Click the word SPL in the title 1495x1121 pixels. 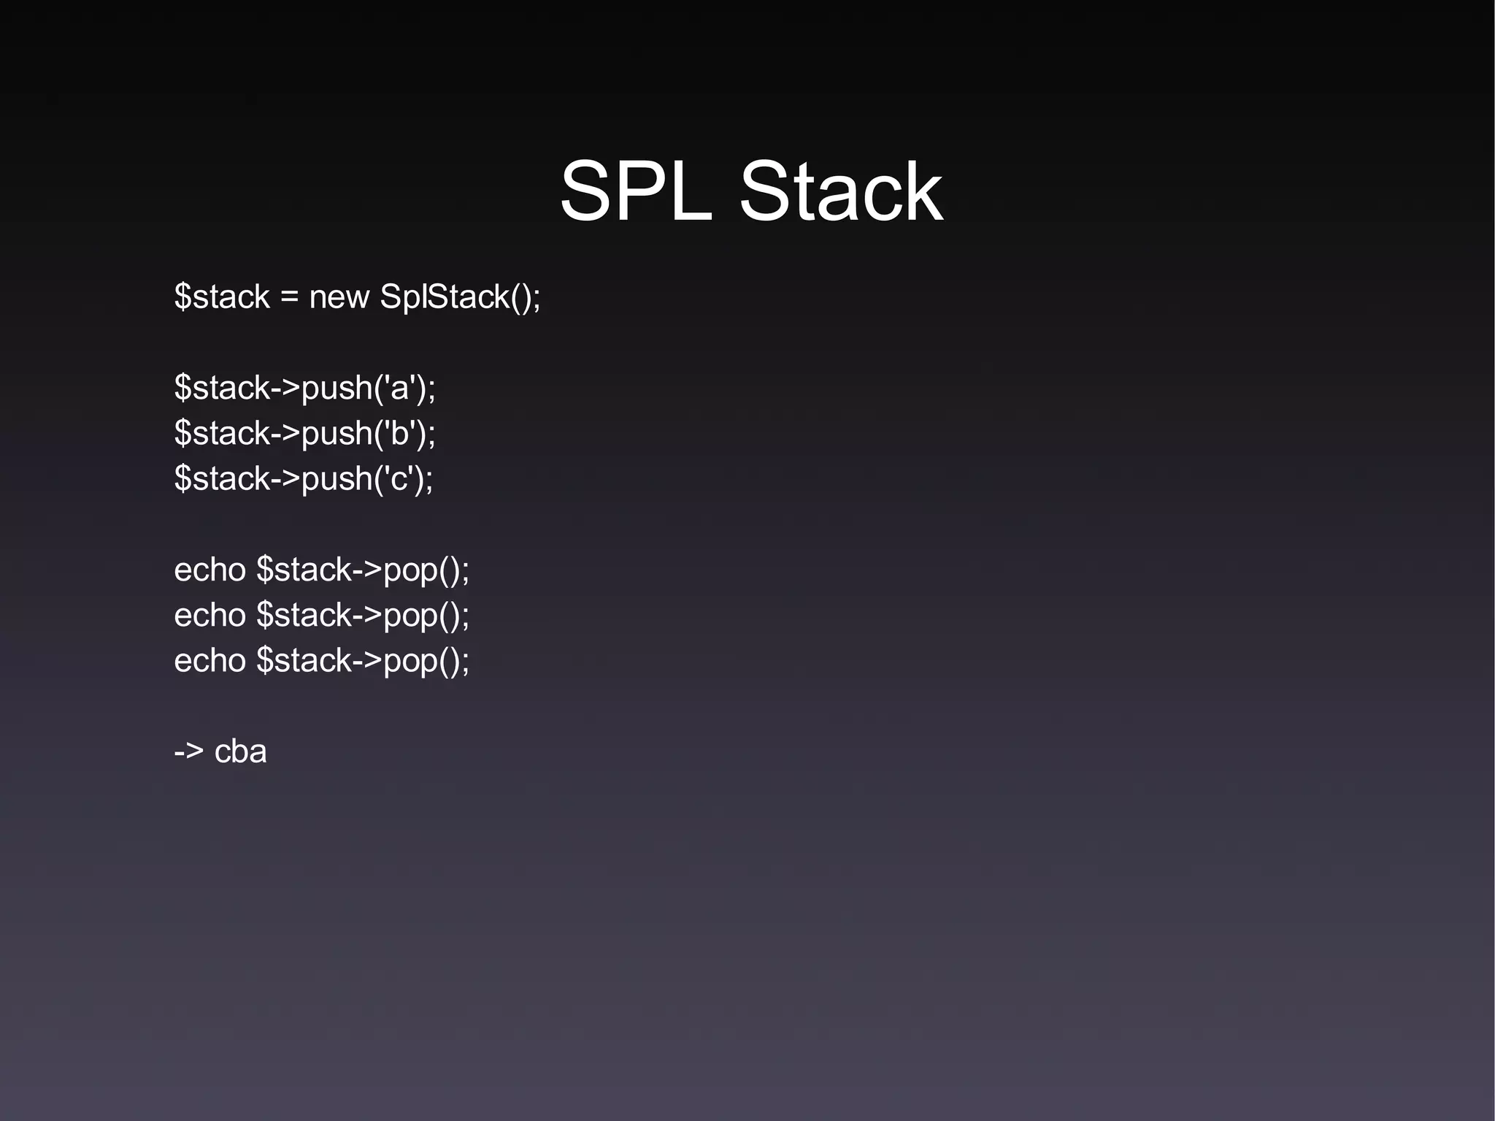tap(635, 192)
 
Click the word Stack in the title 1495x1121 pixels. tap(840, 192)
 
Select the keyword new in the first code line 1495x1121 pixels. tap(339, 297)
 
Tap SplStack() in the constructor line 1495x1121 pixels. tap(458, 297)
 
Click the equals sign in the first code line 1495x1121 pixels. tap(289, 298)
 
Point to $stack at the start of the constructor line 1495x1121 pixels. tap(222, 297)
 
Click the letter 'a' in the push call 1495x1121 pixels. tap(399, 389)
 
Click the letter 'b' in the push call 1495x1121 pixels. tap(399, 434)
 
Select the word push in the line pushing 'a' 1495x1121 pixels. tap(337, 389)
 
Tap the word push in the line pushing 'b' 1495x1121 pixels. tap(337, 434)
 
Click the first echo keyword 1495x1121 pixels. tap(210, 570)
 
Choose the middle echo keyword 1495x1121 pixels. tap(210, 616)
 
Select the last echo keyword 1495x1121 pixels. tap(210, 661)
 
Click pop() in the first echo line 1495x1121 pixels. tap(423, 570)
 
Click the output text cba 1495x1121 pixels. tap(240, 751)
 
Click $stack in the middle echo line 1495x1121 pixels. tap(304, 616)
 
